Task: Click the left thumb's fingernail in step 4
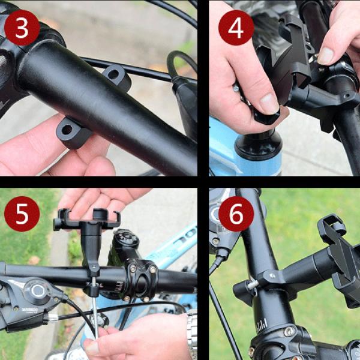[x=268, y=103]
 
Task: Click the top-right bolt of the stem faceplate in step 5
[x=154, y=270]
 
